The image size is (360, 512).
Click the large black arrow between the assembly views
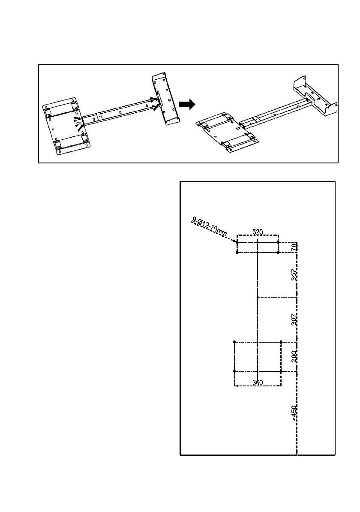[186, 104]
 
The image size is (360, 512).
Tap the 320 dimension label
[258, 232]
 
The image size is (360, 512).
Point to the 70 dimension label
[294, 247]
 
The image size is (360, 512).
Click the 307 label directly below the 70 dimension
[294, 275]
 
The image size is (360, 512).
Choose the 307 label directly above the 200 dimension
[294, 319]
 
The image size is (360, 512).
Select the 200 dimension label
[294, 357]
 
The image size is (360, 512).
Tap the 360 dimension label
[258, 382]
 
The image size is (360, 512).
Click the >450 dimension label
[294, 414]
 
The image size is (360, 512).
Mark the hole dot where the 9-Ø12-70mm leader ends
[237, 242]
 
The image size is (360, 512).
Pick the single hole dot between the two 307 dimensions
[257, 297]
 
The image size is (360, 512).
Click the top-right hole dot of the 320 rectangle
[279, 242]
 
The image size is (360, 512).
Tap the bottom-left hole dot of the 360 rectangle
[234, 371]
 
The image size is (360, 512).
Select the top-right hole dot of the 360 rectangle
[281, 342]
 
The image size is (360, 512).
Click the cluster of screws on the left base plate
[78, 122]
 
